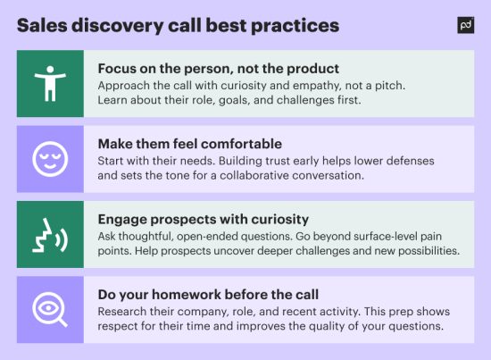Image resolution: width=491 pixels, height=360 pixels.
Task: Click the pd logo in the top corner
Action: pyautogui.click(x=464, y=25)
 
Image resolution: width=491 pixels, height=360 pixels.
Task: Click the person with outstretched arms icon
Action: pyautogui.click(x=50, y=83)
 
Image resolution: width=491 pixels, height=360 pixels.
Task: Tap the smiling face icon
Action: pyautogui.click(x=50, y=158)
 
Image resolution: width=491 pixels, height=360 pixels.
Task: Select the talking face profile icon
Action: pyautogui.click(x=50, y=234)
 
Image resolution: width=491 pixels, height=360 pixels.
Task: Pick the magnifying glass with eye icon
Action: pyautogui.click(x=50, y=309)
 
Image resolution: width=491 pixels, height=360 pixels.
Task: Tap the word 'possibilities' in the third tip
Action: pyautogui.click(x=420, y=251)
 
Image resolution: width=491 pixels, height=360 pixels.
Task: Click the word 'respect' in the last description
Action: pyautogui.click(x=123, y=326)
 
